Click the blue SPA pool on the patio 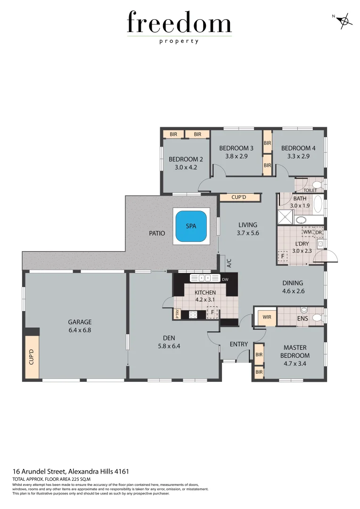coord(191,226)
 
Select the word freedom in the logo coord(179,24)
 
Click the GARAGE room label coord(80,322)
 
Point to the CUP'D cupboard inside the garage coord(32,357)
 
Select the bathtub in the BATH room coord(318,204)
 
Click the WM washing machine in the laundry coord(307,232)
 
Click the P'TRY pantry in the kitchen coord(178,314)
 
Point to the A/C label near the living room coord(229,263)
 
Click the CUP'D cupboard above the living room coord(240,197)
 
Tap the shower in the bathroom coord(285,217)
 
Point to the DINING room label coord(293,283)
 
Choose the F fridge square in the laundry coord(283,256)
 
